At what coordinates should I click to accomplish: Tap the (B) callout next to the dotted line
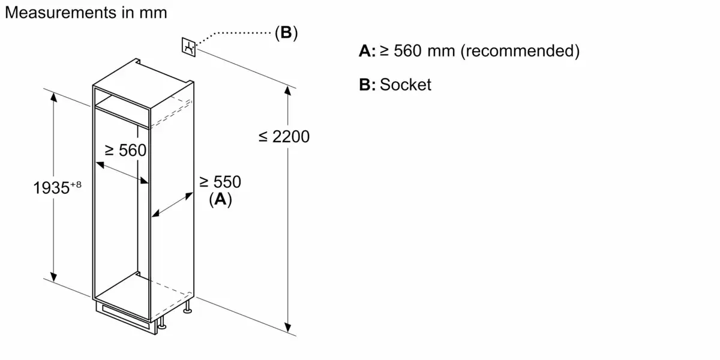pos(286,33)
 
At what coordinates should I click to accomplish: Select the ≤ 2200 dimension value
pos(284,137)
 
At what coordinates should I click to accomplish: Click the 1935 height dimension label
pos(51,188)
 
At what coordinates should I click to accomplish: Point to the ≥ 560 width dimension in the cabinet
pos(125,150)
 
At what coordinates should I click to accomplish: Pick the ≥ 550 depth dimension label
pos(220,182)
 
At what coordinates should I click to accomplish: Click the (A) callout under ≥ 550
pos(220,200)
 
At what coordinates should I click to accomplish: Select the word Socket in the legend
pos(405,85)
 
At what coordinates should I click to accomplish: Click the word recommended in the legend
pos(520,52)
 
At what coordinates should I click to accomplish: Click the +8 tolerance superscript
pos(75,184)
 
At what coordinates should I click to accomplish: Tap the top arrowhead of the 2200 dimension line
pos(290,92)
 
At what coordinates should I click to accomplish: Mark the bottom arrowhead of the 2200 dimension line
pos(290,329)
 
